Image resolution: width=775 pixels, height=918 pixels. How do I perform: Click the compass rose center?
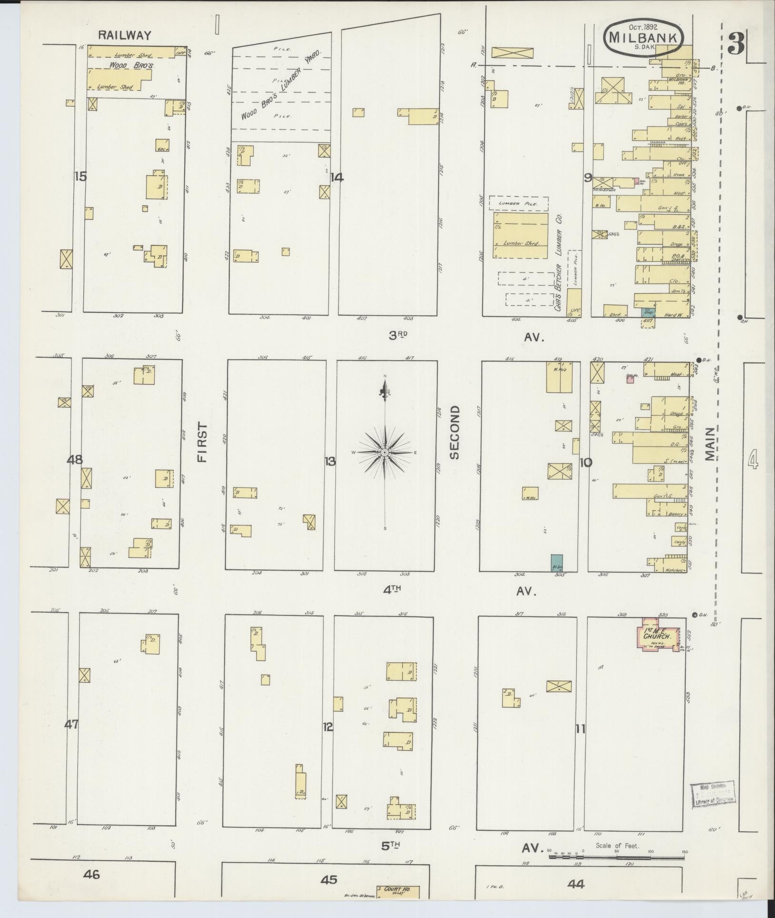pyautogui.click(x=385, y=452)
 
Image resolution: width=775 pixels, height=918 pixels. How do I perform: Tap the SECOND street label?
pyautogui.click(x=455, y=432)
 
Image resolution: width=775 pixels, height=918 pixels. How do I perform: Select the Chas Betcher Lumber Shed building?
pyautogui.click(x=521, y=235)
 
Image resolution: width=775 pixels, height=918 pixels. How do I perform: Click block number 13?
pyautogui.click(x=330, y=461)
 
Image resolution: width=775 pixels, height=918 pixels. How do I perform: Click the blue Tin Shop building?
pyautogui.click(x=648, y=312)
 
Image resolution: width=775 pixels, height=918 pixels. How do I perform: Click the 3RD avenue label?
pyautogui.click(x=399, y=335)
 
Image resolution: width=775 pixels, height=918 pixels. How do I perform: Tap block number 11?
pyautogui.click(x=580, y=728)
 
